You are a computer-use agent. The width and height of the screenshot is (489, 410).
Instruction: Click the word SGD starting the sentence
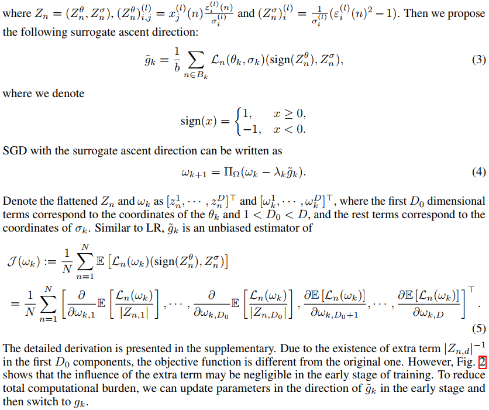click(x=14, y=151)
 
